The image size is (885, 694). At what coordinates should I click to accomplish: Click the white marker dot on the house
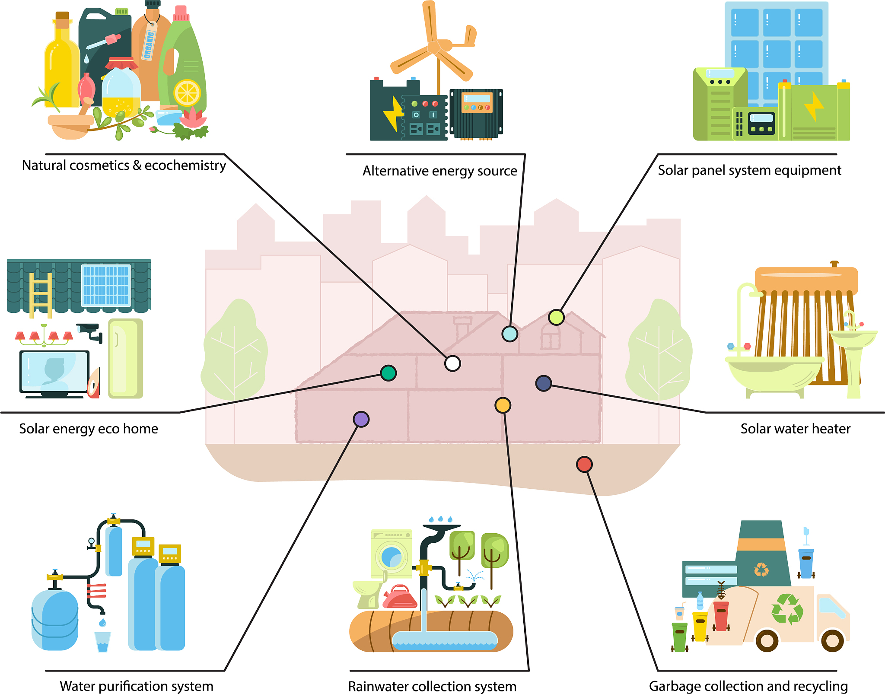click(452, 363)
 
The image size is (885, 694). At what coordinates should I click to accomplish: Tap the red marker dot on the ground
click(584, 464)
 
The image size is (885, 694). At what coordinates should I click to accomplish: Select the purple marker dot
click(361, 419)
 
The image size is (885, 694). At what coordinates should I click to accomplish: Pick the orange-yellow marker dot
click(503, 405)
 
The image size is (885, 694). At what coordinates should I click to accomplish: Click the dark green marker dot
click(388, 372)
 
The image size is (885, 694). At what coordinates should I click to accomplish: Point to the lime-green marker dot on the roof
click(556, 317)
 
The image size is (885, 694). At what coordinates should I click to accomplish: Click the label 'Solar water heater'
click(795, 429)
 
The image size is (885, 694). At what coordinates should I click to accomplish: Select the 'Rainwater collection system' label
click(432, 686)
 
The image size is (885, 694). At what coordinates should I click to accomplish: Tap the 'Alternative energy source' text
click(439, 171)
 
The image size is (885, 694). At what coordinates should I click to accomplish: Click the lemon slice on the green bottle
click(187, 93)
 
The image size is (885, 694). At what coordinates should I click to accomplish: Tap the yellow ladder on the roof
click(41, 294)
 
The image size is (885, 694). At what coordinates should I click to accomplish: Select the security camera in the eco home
click(90, 331)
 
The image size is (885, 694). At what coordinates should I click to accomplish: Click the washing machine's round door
click(392, 557)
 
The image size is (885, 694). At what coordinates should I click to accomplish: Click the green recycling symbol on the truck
click(787, 609)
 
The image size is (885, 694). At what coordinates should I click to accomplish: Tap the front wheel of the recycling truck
click(832, 640)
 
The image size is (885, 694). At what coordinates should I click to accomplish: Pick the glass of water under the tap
click(102, 641)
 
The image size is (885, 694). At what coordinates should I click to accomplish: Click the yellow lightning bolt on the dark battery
click(393, 114)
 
